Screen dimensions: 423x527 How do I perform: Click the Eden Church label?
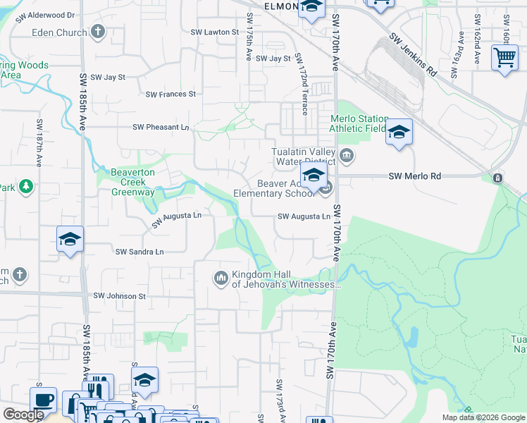[x=58, y=32]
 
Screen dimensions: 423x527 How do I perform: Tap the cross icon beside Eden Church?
[x=98, y=32]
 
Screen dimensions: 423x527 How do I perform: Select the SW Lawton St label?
[x=215, y=32]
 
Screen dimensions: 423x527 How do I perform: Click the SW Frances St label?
[x=170, y=94]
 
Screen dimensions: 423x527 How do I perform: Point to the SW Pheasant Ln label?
[x=161, y=128]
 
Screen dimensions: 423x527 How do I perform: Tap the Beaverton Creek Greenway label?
[x=132, y=182]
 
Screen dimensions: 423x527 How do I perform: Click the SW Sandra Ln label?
[x=139, y=252]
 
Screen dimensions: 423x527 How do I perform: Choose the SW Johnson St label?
[x=117, y=297]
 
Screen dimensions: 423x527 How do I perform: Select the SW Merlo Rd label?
[x=415, y=176]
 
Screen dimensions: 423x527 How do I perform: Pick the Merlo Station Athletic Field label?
[x=359, y=123]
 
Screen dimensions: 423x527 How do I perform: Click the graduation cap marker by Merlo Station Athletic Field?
[x=399, y=132]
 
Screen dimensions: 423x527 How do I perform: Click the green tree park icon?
[x=26, y=186]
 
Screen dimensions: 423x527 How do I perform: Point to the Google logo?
[x=23, y=415]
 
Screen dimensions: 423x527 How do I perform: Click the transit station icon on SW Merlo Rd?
[x=498, y=178]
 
